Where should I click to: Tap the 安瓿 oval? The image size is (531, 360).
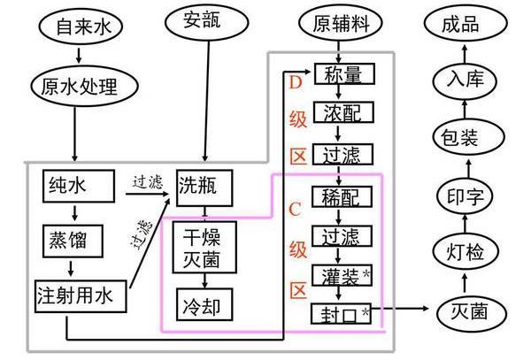[x=207, y=20]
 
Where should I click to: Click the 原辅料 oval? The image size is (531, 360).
[x=337, y=22]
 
